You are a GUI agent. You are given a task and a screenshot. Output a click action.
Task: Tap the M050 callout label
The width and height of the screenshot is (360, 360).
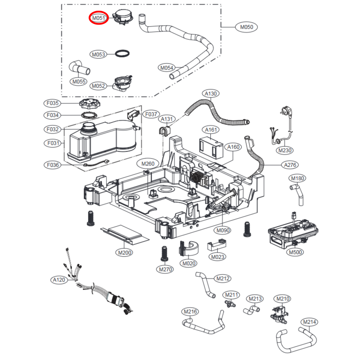[247, 27]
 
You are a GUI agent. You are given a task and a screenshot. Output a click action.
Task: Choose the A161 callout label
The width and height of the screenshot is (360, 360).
[211, 130]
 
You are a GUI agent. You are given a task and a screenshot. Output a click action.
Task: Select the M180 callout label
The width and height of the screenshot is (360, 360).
[297, 178]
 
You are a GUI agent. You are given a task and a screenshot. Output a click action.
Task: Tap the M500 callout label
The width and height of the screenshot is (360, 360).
[295, 252]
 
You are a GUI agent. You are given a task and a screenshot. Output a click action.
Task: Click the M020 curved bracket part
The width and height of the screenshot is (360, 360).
[188, 247]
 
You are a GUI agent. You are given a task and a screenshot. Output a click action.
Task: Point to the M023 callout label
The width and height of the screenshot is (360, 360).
[218, 257]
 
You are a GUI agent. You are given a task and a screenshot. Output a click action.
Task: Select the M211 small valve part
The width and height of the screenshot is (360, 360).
[230, 303]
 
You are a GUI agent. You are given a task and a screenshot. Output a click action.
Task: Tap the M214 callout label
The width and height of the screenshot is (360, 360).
[309, 322]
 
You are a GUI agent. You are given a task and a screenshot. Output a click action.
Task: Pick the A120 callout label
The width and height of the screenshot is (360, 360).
[59, 280]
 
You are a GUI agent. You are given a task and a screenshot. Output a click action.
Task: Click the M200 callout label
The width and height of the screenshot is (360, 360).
[125, 252]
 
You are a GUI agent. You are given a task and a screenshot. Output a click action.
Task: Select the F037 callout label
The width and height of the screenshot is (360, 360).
[151, 114]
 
